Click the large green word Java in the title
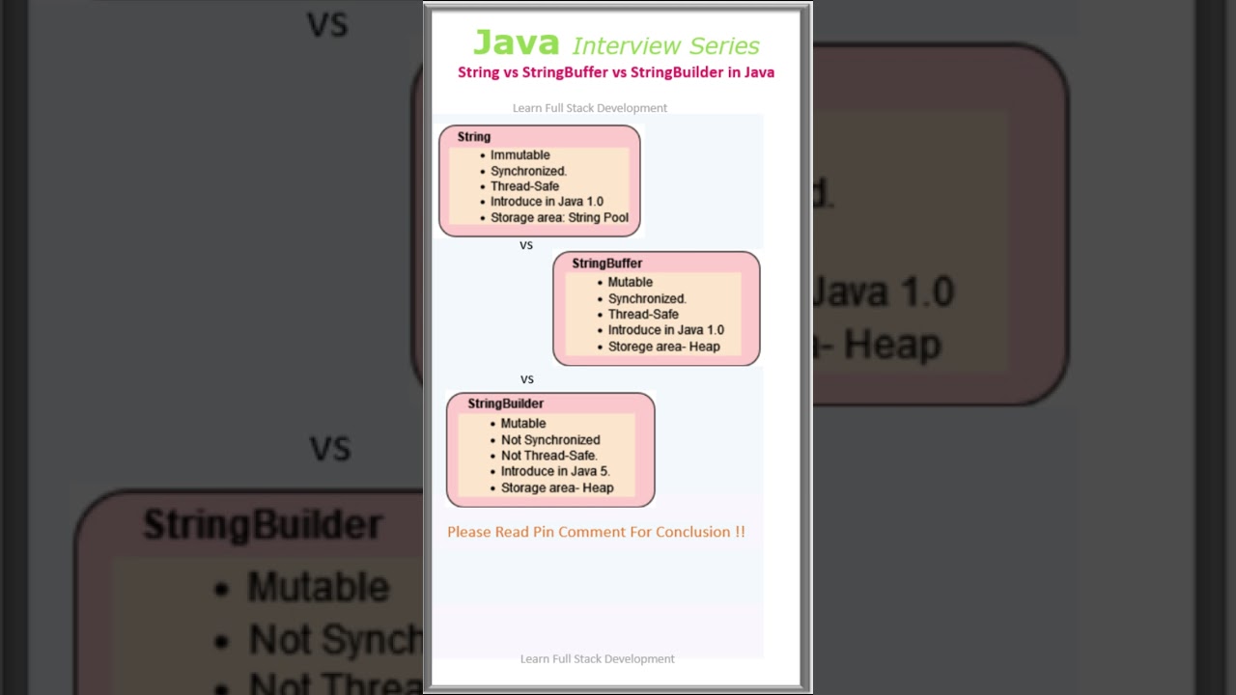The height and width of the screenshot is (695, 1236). tap(516, 42)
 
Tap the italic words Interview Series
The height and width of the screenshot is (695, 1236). tap(665, 45)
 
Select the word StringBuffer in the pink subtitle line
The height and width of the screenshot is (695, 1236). tap(565, 72)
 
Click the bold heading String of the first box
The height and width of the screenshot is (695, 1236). tap(474, 137)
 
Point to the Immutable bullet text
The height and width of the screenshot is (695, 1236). tap(520, 154)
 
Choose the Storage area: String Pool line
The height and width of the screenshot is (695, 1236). tap(559, 217)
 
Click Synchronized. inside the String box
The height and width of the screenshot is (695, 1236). tap(528, 171)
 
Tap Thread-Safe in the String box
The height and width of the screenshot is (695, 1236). tap(524, 186)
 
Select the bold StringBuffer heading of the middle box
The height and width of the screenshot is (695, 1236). tap(606, 263)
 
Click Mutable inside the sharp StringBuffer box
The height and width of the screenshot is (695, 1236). tap(630, 282)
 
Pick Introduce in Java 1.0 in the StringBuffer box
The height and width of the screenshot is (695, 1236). tap(665, 330)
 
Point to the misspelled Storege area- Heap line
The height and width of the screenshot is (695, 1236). tap(663, 347)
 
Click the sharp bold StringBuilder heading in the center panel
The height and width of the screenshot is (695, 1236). tap(505, 403)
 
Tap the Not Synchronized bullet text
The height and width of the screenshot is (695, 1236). tap(550, 439)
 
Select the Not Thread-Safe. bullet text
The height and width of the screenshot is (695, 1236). tap(548, 456)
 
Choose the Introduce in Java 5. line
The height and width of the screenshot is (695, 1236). tap(555, 471)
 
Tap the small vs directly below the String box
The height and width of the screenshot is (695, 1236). tap(526, 245)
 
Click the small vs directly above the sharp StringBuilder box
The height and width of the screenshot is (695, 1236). tap(527, 379)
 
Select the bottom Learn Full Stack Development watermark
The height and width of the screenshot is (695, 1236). tap(597, 658)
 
